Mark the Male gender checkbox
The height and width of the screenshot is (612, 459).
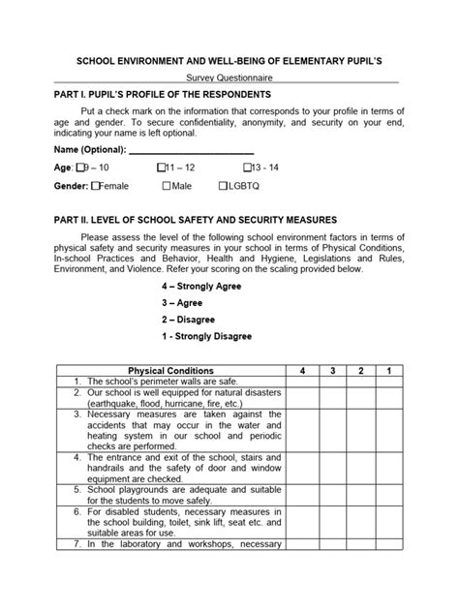click(168, 185)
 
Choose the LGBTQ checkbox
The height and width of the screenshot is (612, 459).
click(224, 185)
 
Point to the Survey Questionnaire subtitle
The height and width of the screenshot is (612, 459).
click(229, 79)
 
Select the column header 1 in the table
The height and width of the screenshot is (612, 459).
click(388, 371)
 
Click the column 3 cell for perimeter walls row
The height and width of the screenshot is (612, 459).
click(331, 382)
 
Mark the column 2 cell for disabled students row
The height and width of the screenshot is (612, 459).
click(360, 524)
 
